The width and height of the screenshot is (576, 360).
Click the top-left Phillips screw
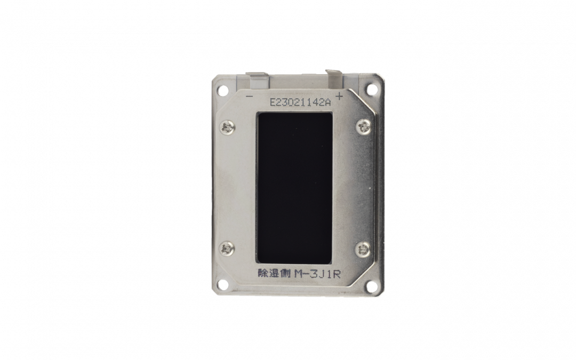pyautogui.click(x=227, y=127)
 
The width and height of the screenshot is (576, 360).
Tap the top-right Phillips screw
pyautogui.click(x=364, y=127)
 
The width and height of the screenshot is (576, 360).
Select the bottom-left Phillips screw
pyautogui.click(x=227, y=249)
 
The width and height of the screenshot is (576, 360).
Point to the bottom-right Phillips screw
pyautogui.click(x=363, y=250)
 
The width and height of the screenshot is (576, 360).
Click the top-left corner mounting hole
pyautogui.click(x=222, y=89)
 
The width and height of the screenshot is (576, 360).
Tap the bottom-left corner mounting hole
pyautogui.click(x=222, y=284)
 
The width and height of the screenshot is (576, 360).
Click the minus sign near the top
pyautogui.click(x=249, y=97)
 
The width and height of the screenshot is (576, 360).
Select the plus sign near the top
pyautogui.click(x=339, y=97)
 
